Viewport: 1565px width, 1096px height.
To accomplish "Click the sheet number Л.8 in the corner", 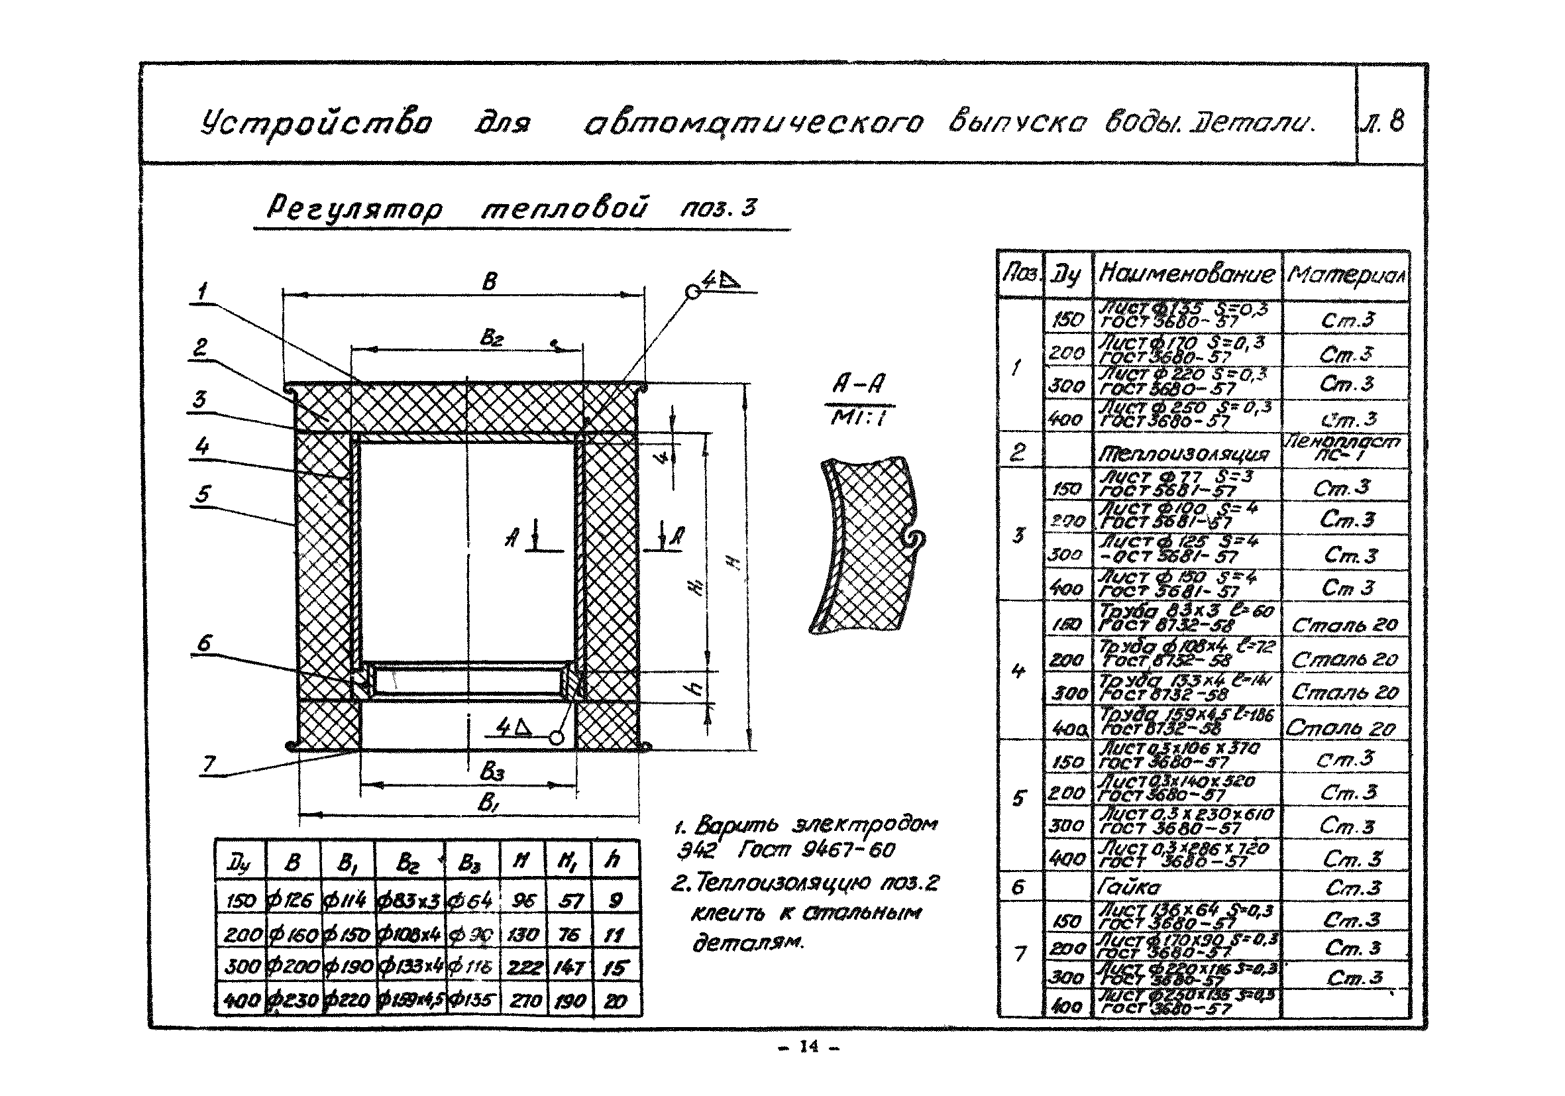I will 1390,123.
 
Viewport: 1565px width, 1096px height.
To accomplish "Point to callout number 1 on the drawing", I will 202,292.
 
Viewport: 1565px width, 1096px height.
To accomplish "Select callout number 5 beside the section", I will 202,494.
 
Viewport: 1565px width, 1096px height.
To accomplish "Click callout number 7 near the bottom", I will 209,764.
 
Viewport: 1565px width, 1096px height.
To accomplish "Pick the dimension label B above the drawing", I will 490,282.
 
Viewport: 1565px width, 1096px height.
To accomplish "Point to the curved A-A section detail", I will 866,545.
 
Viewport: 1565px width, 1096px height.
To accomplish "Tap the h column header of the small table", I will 613,860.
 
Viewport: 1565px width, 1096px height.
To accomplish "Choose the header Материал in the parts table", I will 1346,276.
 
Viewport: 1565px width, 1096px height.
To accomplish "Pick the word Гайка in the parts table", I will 1128,887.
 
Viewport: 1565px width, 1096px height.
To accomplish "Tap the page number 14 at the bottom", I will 808,1047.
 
